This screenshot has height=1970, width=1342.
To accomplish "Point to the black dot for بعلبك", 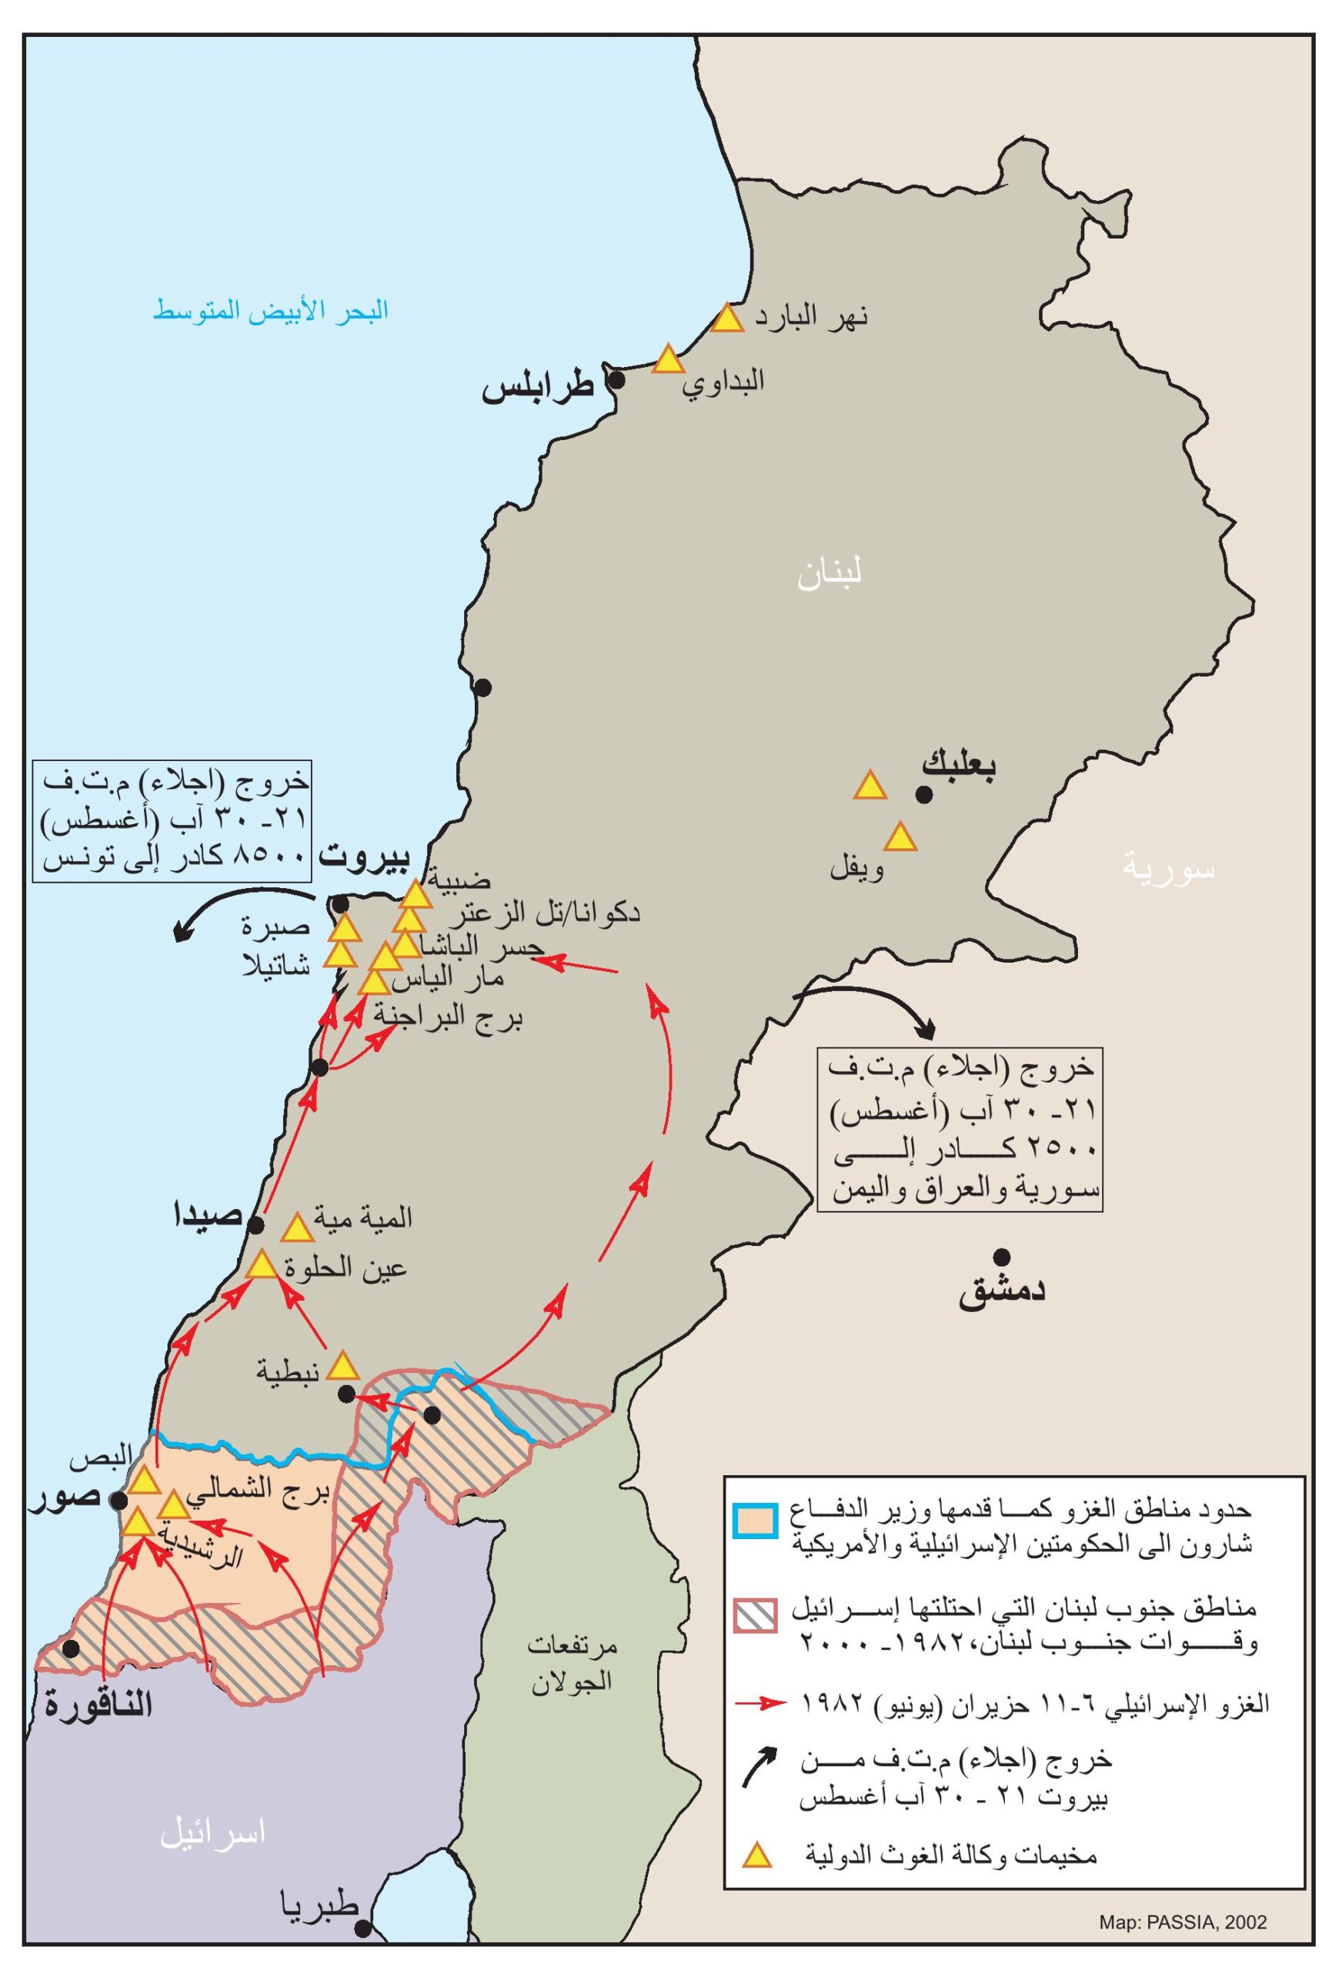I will coord(924,794).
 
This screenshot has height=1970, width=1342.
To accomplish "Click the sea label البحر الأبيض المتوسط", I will coord(270,310).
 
